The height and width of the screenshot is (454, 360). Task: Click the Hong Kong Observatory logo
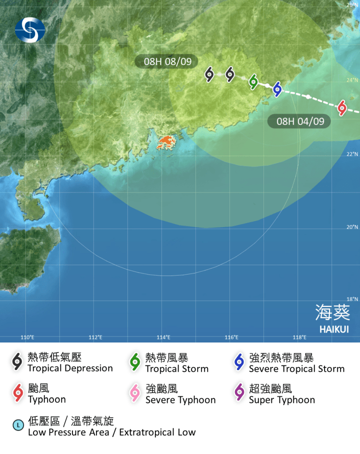point(30,30)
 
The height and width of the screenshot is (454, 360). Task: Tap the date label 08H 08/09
point(166,61)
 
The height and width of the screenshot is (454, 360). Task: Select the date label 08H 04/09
point(299,121)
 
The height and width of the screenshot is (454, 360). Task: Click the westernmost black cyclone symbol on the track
point(209,74)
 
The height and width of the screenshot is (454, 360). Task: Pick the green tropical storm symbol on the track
point(253,81)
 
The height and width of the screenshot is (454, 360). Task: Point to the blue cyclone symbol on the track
point(277,88)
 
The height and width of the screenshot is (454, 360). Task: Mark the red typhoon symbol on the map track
point(342,107)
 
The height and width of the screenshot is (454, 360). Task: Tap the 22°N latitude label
point(352,154)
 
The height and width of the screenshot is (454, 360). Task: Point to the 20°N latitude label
point(352,227)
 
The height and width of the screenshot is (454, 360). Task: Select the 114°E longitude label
point(163,337)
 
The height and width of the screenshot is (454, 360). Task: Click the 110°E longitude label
point(27,337)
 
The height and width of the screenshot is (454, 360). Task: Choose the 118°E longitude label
point(299,337)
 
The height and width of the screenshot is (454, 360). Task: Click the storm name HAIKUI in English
point(334,329)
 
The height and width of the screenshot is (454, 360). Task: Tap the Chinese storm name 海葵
point(332,312)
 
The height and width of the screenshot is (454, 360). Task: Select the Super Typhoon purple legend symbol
point(239,393)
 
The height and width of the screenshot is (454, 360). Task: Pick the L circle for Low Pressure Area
point(18,425)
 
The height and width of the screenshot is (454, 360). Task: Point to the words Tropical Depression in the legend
point(70,368)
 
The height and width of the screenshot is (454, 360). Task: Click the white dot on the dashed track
point(308,96)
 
